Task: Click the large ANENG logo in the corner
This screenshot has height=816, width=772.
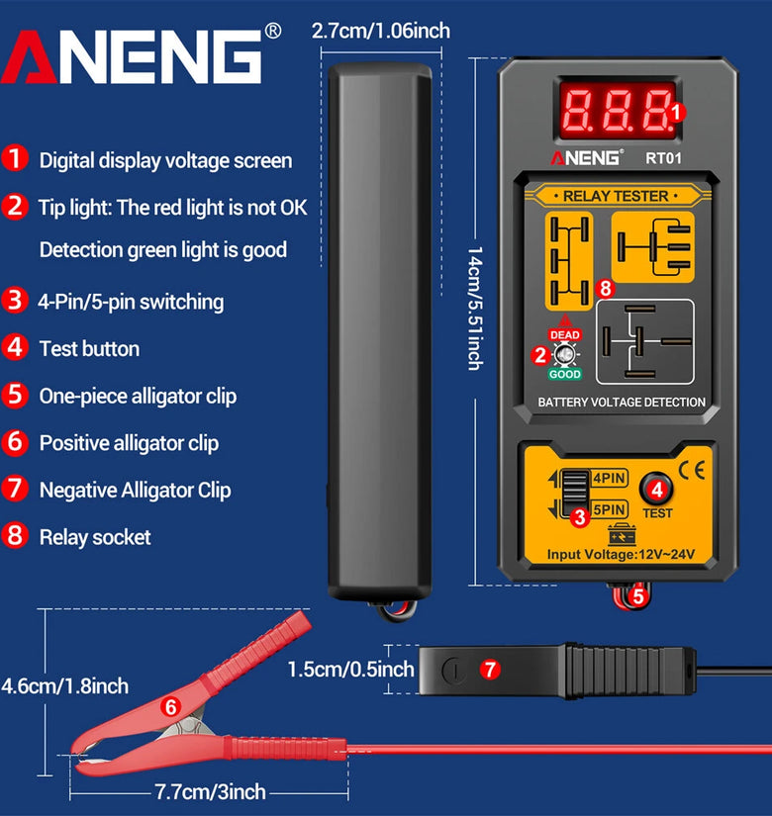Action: click(132, 56)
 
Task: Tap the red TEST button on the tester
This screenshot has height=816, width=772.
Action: click(656, 489)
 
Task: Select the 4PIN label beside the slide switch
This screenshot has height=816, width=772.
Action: click(610, 477)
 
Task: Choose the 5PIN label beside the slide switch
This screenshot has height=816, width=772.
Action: click(610, 509)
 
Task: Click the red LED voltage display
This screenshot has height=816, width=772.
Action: click(618, 111)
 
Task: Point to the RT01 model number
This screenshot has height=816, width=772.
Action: click(663, 158)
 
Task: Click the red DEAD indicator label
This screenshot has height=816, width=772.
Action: click(565, 334)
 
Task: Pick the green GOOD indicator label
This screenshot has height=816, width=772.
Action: click(565, 374)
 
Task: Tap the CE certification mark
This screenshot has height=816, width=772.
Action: click(692, 470)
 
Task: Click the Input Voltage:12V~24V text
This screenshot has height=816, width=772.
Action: click(621, 554)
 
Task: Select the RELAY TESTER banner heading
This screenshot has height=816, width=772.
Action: click(616, 196)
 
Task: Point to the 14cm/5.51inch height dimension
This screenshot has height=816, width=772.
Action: click(474, 308)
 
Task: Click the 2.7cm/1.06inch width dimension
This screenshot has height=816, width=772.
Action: click(381, 31)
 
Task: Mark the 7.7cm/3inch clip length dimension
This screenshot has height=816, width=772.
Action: click(211, 792)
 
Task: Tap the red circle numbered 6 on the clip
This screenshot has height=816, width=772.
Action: click(171, 707)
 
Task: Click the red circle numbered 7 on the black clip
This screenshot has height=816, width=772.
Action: click(490, 669)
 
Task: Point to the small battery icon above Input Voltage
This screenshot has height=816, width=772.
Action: click(622, 534)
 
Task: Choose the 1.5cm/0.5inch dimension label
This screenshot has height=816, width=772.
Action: click(350, 670)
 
